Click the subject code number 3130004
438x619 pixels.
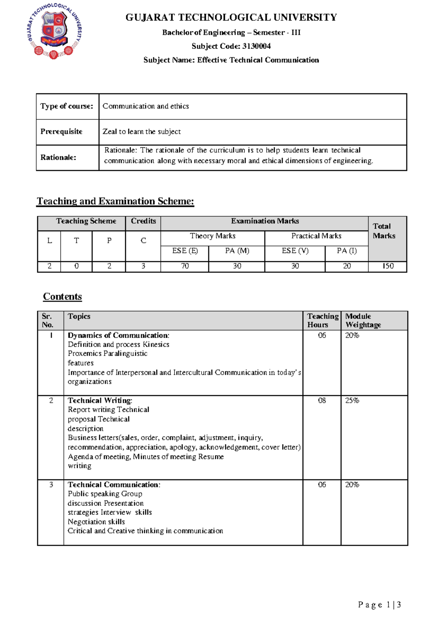coord(256,46)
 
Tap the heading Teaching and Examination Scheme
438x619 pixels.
coord(115,201)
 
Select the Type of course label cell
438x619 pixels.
coord(67,106)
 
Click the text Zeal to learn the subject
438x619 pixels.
coord(142,132)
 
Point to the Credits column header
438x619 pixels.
coord(143,221)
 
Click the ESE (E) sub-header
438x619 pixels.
coord(185,251)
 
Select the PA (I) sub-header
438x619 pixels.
coord(346,251)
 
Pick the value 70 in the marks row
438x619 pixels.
coord(185,266)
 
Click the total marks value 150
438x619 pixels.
coord(388,266)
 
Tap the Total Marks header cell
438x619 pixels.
coord(384,231)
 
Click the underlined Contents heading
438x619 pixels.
coord(62,296)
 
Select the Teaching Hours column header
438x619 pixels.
coord(322,320)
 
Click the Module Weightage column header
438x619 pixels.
coord(363,320)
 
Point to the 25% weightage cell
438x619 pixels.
coord(352,400)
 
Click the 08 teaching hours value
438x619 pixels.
coord(322,400)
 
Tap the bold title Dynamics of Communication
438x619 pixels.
coord(118,335)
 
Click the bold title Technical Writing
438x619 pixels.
coord(100,400)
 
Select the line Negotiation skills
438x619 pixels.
coord(96,522)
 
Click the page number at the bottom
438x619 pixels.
coord(379,605)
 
